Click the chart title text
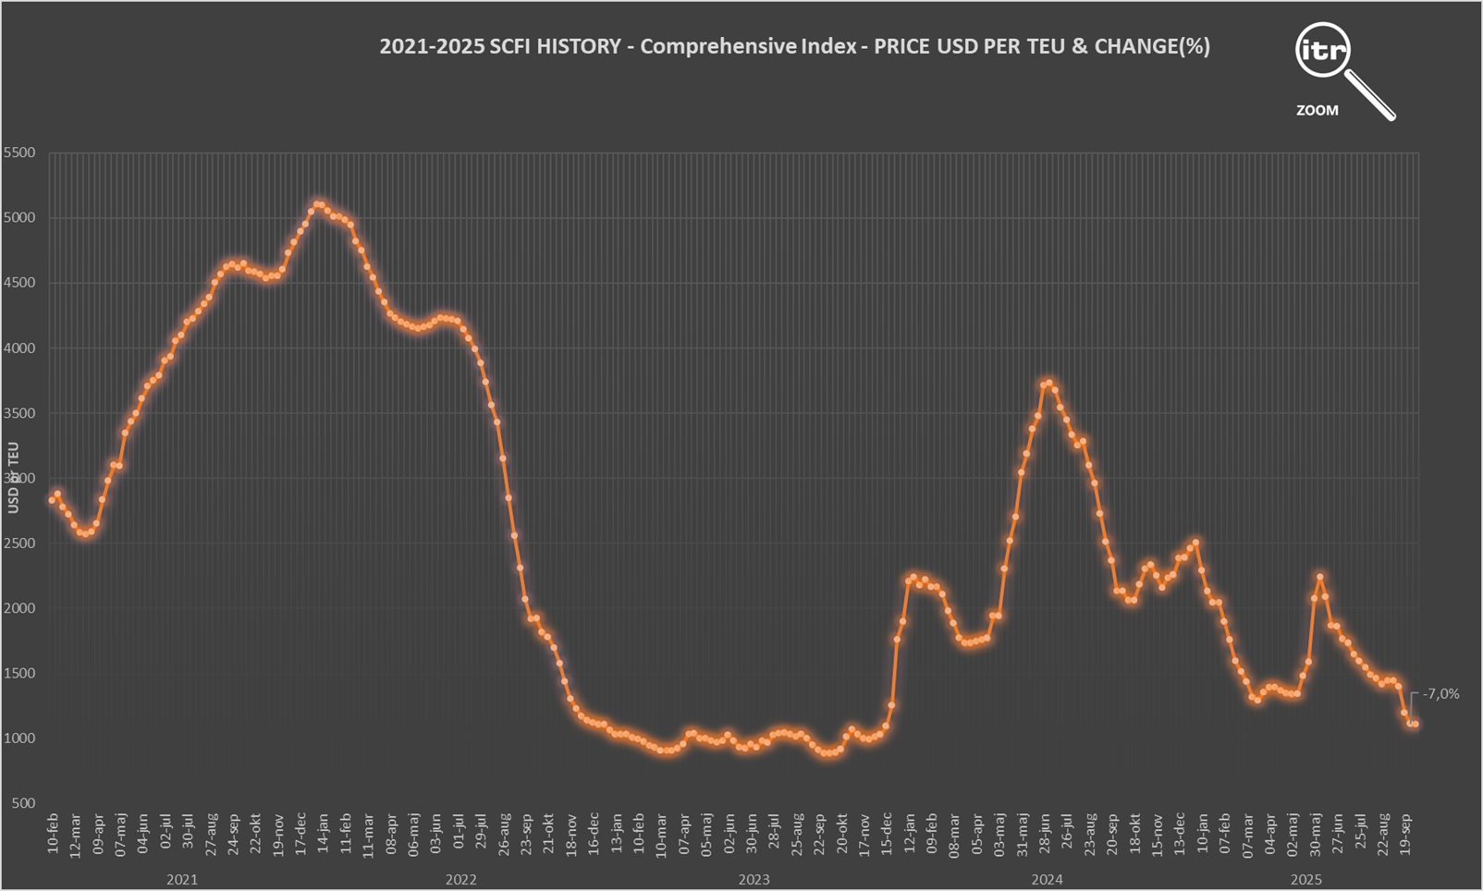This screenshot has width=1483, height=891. [794, 46]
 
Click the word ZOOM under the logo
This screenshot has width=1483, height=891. [1317, 111]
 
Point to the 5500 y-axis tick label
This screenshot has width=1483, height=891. [19, 153]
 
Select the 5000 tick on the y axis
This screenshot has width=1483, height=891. [19, 218]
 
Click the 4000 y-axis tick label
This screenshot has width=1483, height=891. [19, 348]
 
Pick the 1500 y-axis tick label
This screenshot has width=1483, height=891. [19, 674]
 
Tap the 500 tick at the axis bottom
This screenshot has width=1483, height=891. [24, 803]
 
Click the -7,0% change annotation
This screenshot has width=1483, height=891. [1440, 694]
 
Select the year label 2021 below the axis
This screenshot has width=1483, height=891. [181, 880]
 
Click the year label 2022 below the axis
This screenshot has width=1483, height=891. [460, 880]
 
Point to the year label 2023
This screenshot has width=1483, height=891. [754, 880]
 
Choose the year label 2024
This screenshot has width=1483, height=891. [1047, 880]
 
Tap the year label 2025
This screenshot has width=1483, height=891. [1305, 880]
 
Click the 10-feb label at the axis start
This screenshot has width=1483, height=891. [54, 833]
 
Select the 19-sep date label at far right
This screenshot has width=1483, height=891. [1406, 833]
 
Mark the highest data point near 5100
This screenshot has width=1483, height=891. [318, 204]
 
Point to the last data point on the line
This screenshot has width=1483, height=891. [1416, 725]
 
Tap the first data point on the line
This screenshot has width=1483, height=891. [52, 500]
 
